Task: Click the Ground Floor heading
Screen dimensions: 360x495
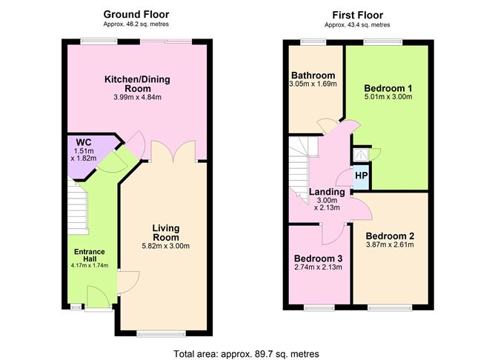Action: [x=136, y=14]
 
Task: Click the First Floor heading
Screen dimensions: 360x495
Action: [x=353, y=14]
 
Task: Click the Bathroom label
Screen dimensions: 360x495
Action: [x=313, y=75]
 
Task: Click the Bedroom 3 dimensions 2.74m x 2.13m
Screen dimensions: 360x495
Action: [x=317, y=267]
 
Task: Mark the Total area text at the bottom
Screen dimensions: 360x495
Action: [x=247, y=354]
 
